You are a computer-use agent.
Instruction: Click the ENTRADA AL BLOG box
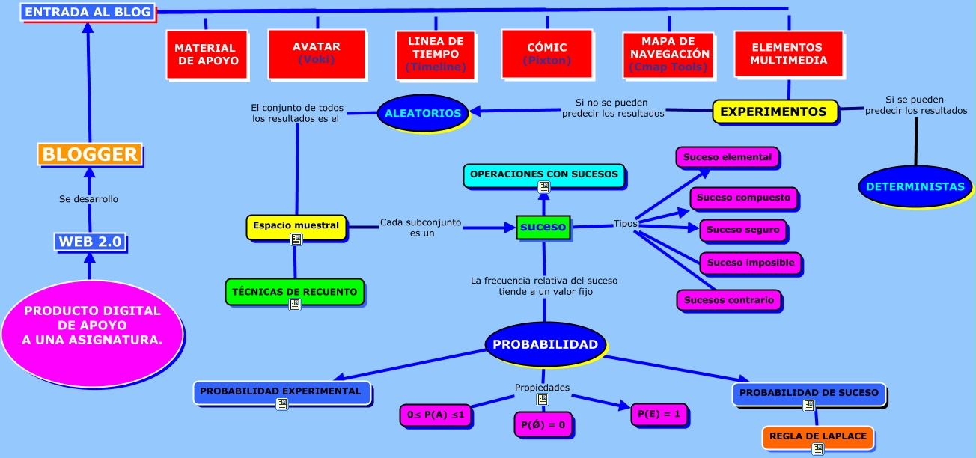point(88,12)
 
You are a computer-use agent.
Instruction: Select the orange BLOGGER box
point(90,154)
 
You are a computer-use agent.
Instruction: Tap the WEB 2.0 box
point(90,242)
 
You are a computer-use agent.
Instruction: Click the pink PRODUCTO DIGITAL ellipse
point(92,325)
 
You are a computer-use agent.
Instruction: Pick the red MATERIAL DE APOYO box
point(206,54)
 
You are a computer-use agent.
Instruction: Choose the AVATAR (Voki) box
point(317,52)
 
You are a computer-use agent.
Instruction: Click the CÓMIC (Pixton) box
point(547,53)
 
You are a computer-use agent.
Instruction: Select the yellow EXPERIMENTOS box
point(773,112)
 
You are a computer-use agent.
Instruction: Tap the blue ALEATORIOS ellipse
point(423,112)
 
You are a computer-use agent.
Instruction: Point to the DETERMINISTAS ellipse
point(915,186)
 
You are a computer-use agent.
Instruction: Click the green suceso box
point(543,226)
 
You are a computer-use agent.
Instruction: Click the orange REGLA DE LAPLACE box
point(817,436)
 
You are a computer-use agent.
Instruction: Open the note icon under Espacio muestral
point(296,239)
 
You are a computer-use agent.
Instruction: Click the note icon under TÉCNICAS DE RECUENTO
point(295,305)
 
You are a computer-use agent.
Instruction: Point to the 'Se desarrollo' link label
point(88,199)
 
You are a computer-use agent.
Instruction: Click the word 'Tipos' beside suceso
point(626,223)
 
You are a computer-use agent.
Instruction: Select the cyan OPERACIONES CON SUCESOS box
point(544,174)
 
